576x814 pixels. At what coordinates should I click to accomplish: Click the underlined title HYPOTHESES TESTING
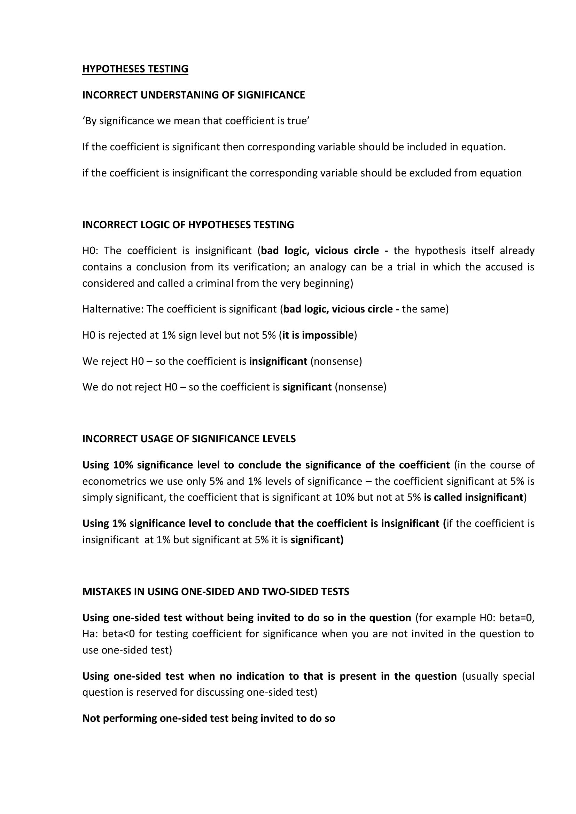click(135, 69)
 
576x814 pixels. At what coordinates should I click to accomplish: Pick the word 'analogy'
click(327, 267)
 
